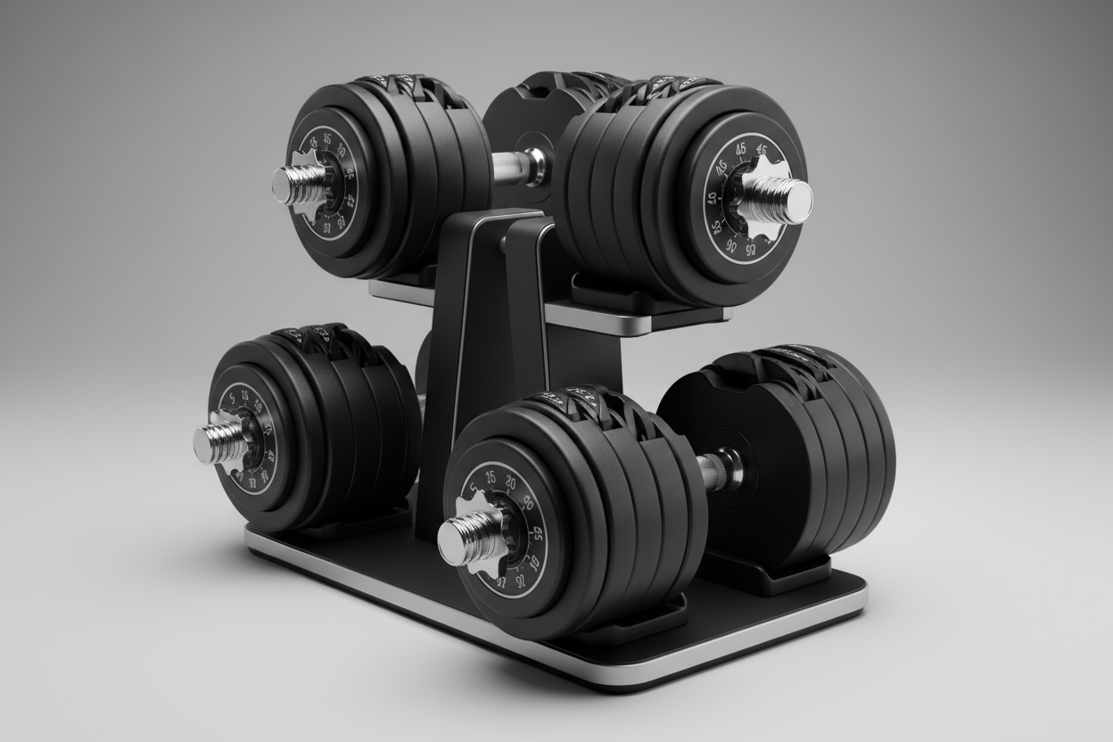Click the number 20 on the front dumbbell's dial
tap(510, 482)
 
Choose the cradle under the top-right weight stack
tap(624, 299)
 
